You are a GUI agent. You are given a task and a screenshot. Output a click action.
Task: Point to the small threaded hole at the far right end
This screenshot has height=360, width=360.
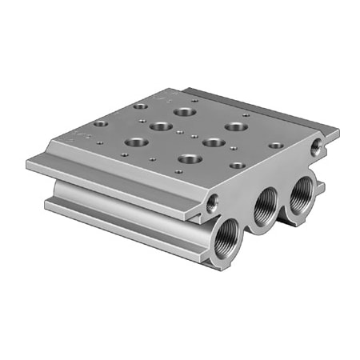tap(322, 144)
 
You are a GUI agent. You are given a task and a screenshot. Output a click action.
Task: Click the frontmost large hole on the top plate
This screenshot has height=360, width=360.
tap(190, 158)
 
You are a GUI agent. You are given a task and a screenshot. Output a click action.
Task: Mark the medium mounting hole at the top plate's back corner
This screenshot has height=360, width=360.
tap(141, 106)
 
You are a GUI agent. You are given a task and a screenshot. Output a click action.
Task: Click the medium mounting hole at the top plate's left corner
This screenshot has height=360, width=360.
tap(99, 125)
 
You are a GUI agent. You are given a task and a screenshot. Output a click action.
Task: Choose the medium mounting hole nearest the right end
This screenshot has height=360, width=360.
tap(274, 146)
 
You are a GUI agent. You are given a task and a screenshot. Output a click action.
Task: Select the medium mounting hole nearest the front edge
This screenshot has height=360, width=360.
tap(236, 165)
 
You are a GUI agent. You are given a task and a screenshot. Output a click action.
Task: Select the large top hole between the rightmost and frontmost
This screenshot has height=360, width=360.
tap(214, 142)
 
